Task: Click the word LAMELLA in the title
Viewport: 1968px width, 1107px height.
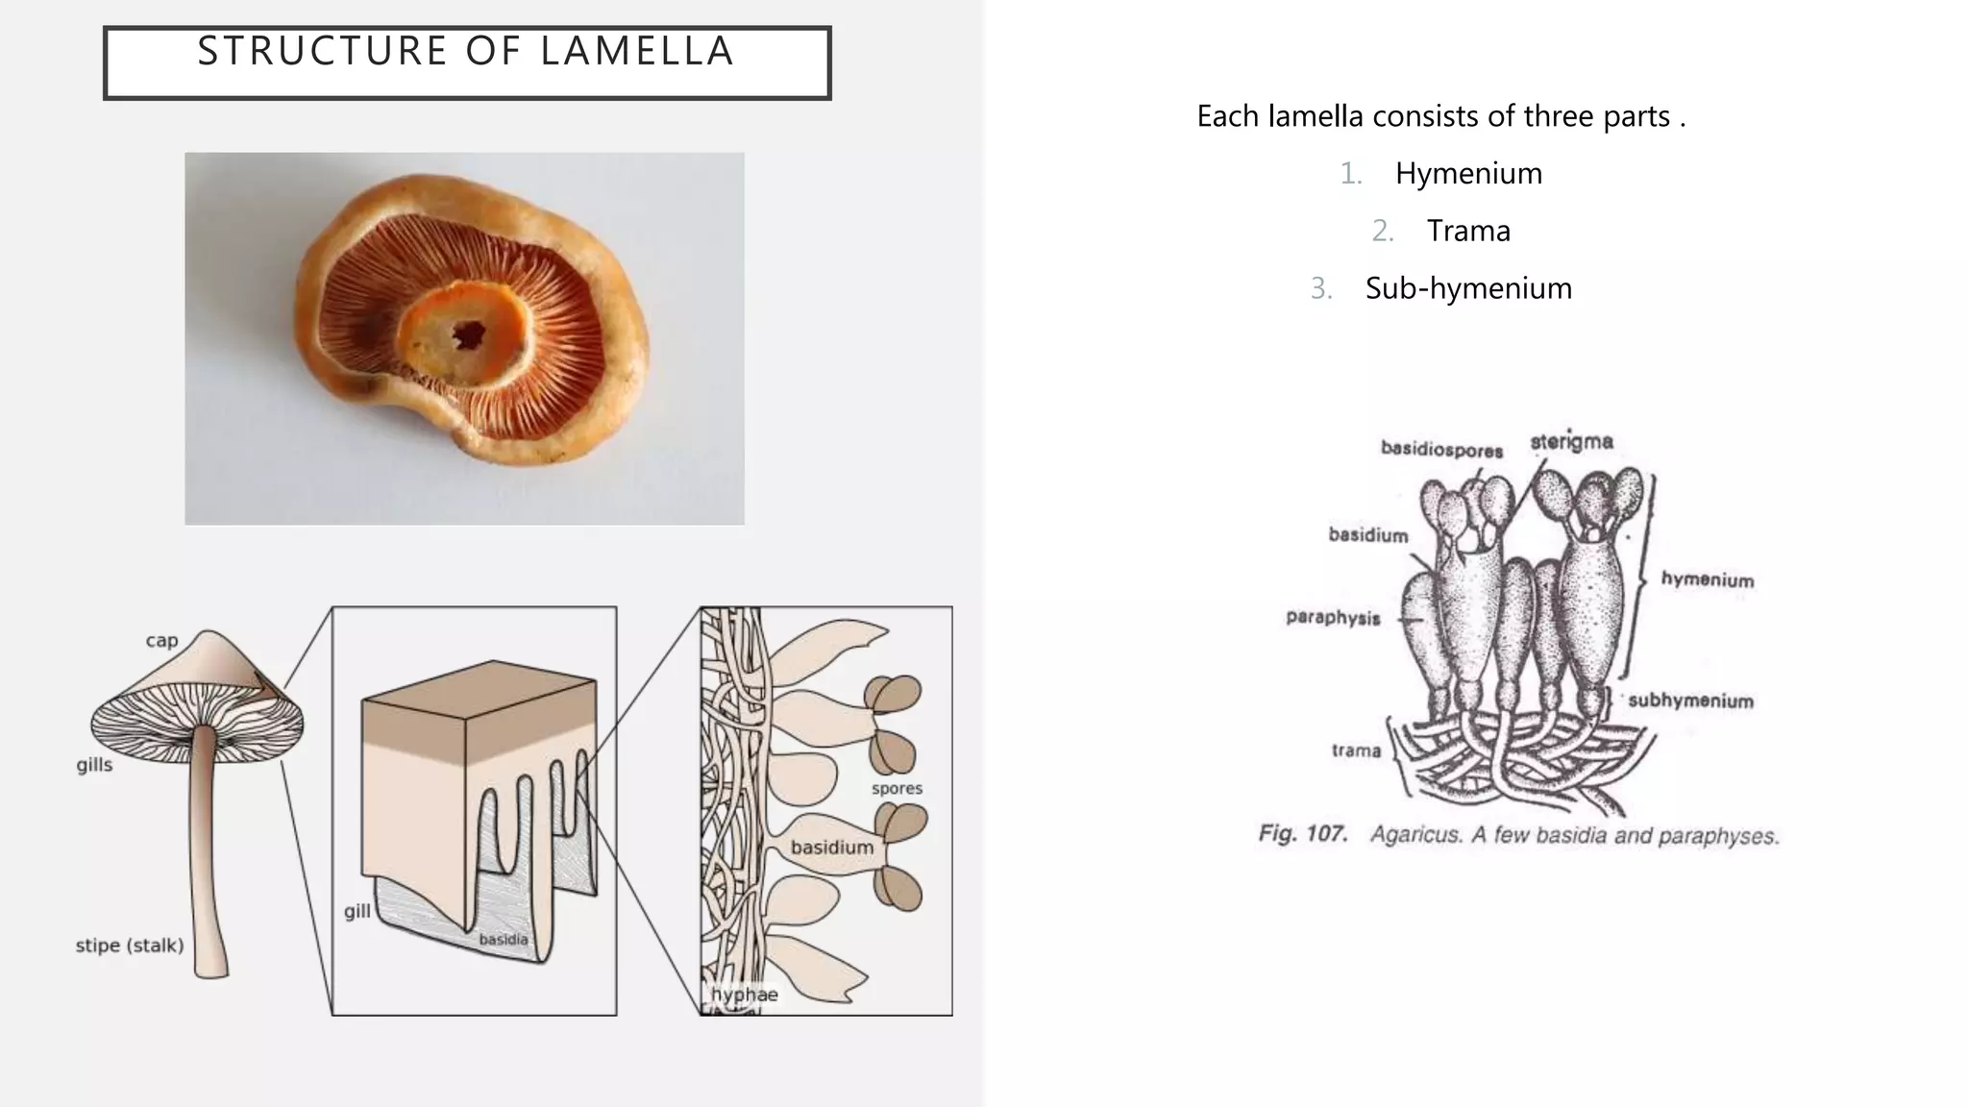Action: (x=638, y=51)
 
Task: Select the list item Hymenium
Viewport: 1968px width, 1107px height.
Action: (x=1468, y=173)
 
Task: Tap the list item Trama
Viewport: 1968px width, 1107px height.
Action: (x=1468, y=231)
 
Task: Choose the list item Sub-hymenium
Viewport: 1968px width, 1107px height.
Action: (x=1468, y=288)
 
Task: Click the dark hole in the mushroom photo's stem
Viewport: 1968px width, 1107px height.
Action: (x=469, y=334)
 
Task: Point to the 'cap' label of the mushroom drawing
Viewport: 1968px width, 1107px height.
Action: (x=161, y=641)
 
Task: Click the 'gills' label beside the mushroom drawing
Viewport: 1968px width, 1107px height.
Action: (x=94, y=766)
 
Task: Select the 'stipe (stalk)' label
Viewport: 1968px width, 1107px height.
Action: (x=130, y=946)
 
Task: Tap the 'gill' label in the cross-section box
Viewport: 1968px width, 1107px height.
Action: (x=357, y=911)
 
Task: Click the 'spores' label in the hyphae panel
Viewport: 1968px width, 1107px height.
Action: (x=897, y=789)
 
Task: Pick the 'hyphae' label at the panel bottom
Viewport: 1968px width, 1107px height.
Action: (x=745, y=995)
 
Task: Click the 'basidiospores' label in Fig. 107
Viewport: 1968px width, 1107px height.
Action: (x=1441, y=450)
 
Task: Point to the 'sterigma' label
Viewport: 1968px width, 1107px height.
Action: (x=1571, y=442)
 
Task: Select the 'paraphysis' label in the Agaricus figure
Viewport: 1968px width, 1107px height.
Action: (x=1333, y=618)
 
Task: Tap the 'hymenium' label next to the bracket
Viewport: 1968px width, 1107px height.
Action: (x=1708, y=579)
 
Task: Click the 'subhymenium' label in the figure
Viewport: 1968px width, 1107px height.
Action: (x=1690, y=701)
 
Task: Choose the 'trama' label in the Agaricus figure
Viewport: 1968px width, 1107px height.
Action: (x=1356, y=750)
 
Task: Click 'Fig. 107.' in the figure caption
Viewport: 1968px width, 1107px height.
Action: (x=1303, y=833)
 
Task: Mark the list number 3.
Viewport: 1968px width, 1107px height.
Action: (x=1320, y=288)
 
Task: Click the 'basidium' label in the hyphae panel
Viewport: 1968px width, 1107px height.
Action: (x=832, y=848)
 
